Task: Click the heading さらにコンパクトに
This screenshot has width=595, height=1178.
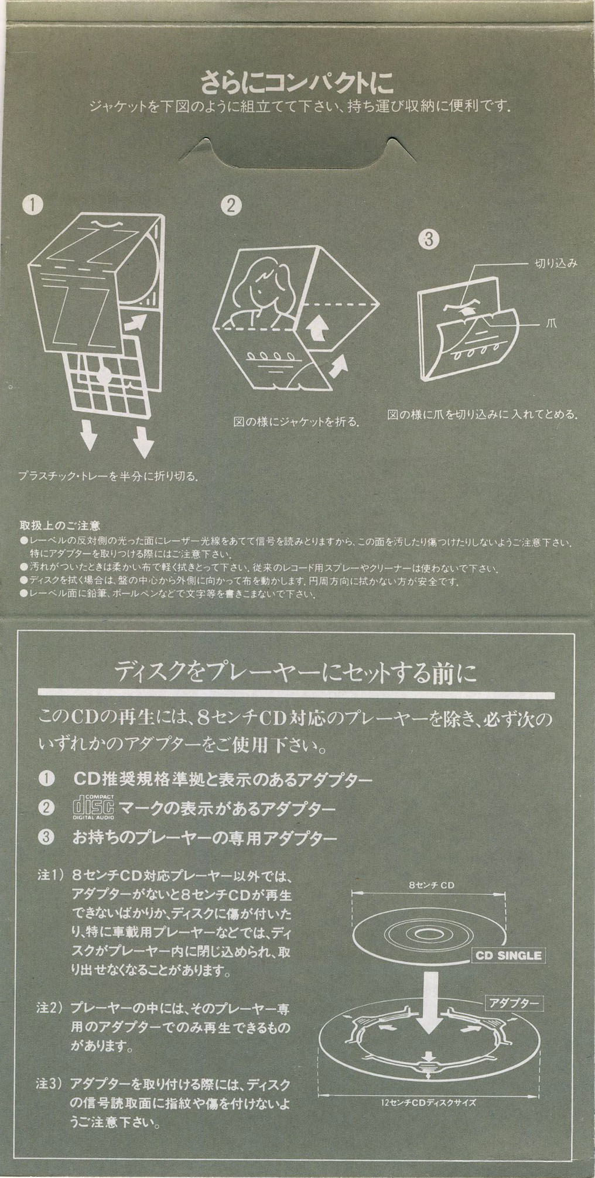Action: coord(297,83)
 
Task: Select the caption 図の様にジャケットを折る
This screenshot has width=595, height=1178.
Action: coord(296,422)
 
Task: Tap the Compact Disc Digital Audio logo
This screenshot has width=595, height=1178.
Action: coord(93,807)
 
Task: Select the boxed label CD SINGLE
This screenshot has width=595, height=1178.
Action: coord(507,956)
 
